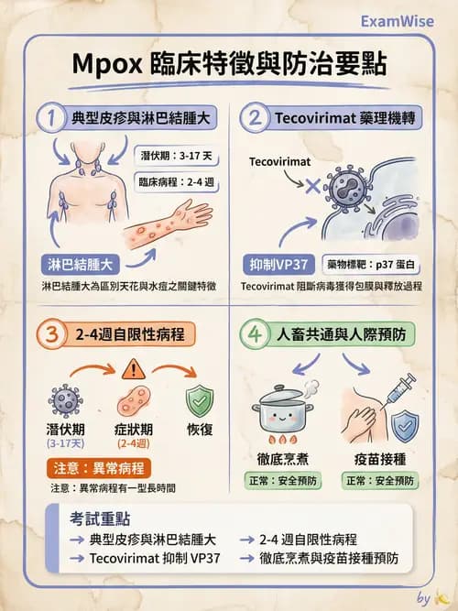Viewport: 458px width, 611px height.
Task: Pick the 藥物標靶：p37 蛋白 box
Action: point(366,265)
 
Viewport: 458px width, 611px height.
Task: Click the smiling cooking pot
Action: point(290,409)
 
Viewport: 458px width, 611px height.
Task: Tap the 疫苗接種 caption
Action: point(379,457)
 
